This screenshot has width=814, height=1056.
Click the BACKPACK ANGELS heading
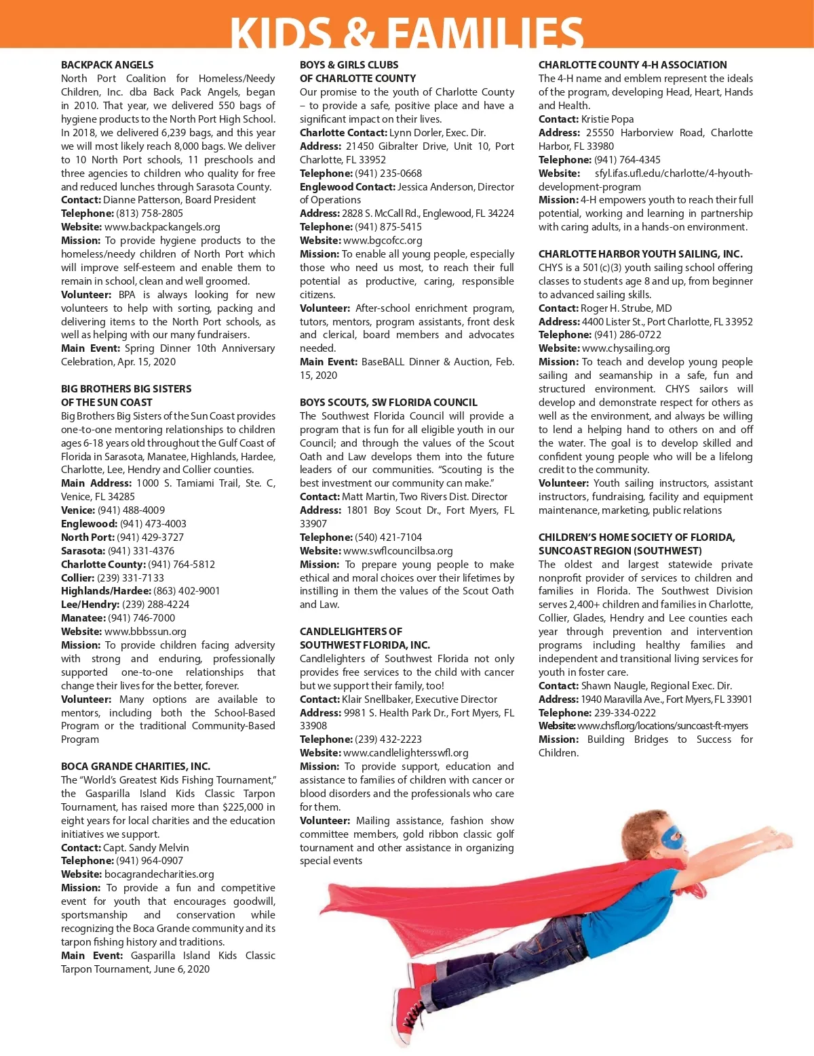[107, 65]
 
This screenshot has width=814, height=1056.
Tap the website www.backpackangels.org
[162, 227]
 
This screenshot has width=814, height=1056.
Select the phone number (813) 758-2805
[150, 214]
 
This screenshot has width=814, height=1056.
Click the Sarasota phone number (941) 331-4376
[141, 551]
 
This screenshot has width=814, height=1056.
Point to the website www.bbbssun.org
[145, 632]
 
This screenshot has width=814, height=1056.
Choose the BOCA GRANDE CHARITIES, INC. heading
[136, 767]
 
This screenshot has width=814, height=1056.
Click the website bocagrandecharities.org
[159, 874]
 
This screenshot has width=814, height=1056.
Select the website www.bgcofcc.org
[383, 241]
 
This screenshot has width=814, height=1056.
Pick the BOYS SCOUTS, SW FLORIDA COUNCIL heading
[389, 403]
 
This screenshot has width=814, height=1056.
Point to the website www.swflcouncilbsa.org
[398, 551]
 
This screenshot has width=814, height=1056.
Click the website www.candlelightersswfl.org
[406, 753]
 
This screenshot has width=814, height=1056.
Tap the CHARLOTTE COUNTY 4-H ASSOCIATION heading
[632, 65]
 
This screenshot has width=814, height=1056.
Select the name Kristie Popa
[607, 119]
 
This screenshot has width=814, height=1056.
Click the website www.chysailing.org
[625, 348]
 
